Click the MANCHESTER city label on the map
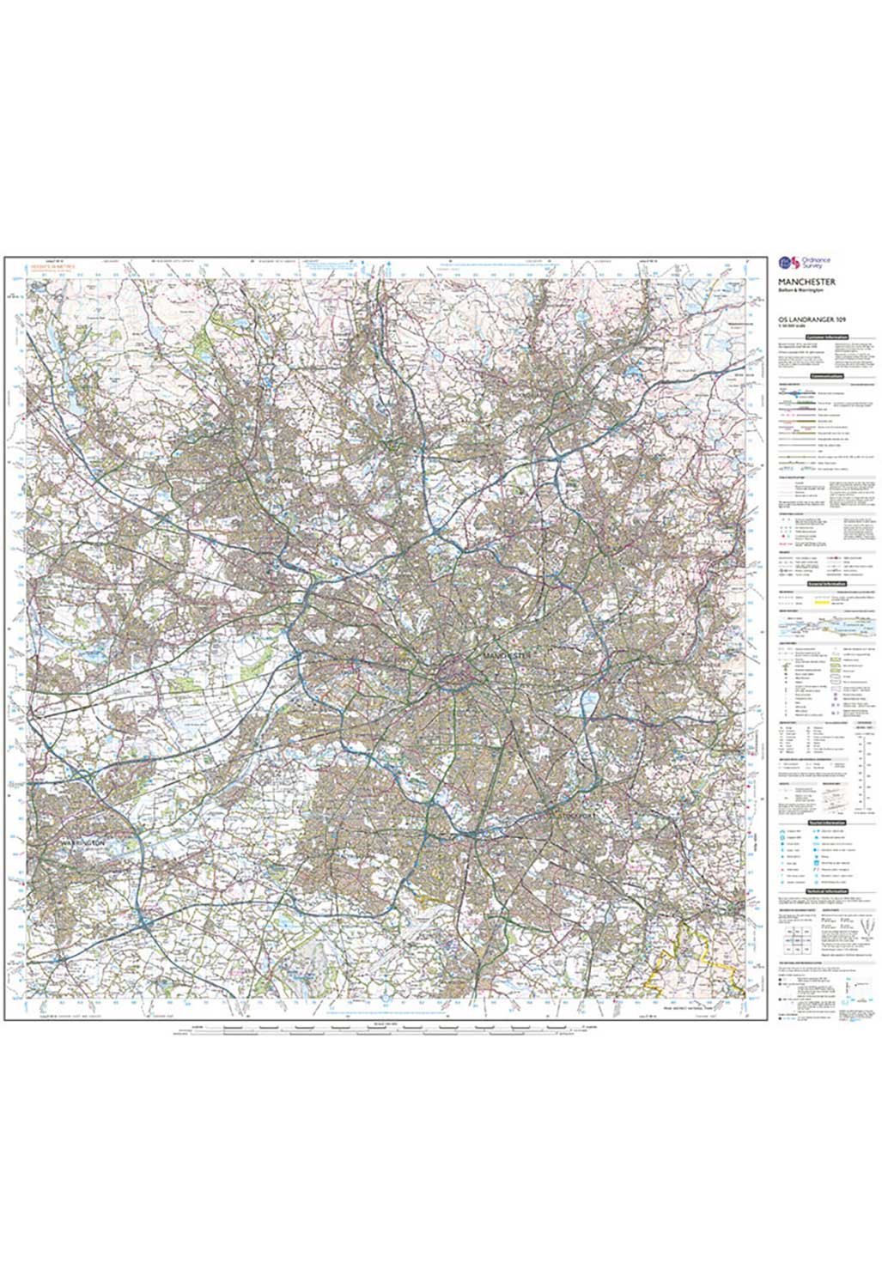(x=507, y=654)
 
